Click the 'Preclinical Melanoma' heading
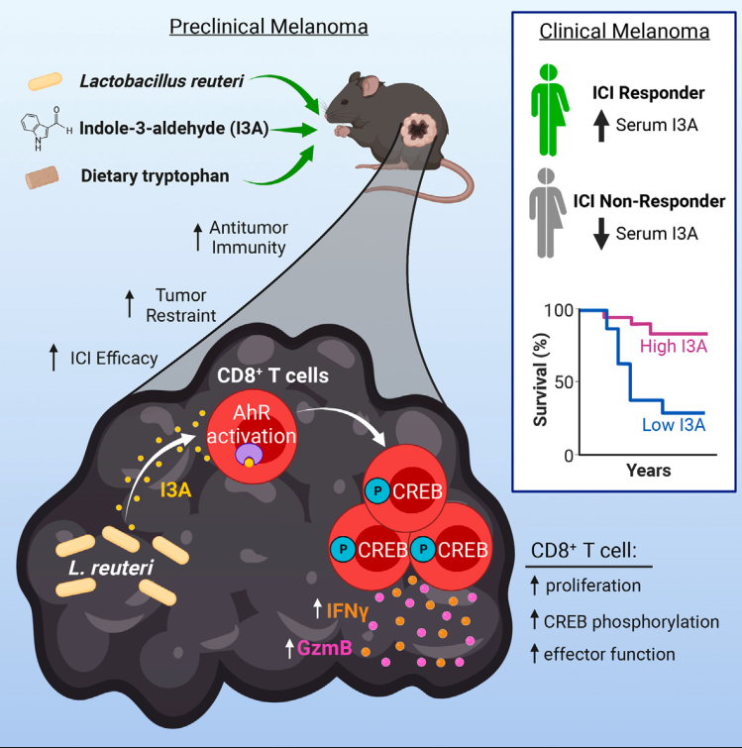(268, 27)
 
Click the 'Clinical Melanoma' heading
(624, 31)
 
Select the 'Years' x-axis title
(647, 470)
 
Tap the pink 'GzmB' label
(324, 648)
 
